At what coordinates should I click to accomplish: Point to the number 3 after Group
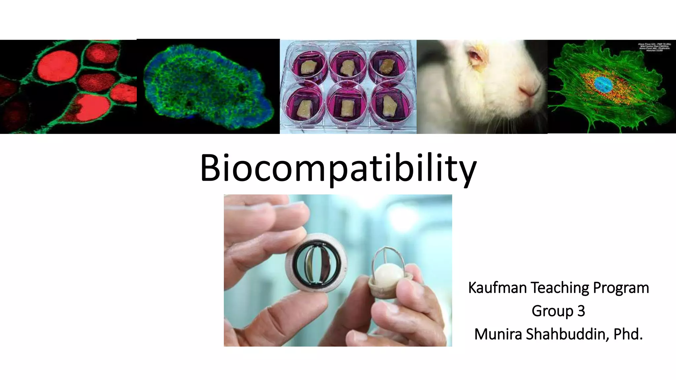(x=581, y=311)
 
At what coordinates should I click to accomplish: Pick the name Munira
(x=498, y=334)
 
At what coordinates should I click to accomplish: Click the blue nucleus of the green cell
(x=604, y=84)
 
